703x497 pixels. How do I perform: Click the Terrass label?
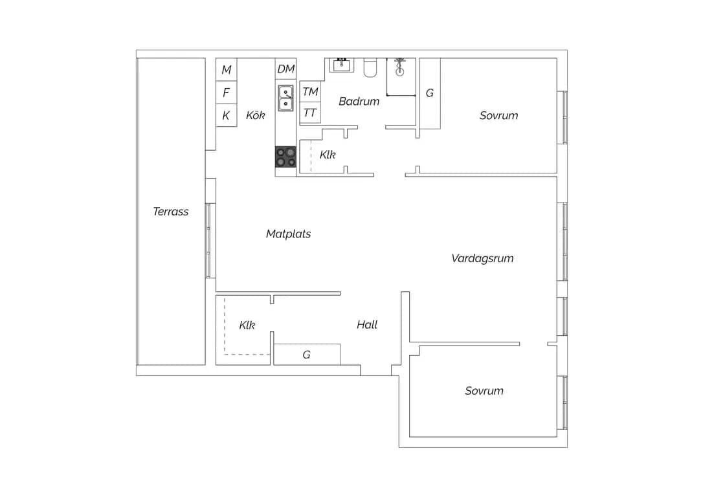171,212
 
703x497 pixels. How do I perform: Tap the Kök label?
256,115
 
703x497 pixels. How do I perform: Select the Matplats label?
288,234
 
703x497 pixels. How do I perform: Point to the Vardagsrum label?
482,258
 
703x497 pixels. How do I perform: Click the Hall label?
367,324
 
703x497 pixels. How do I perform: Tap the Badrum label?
359,102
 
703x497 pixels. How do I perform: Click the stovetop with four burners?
285,157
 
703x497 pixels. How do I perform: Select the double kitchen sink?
286,98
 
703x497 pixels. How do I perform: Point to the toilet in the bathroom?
370,68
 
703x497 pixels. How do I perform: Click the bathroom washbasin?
342,65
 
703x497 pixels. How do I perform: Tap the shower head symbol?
399,67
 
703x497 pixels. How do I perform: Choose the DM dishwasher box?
285,69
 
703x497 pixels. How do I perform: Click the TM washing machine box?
310,91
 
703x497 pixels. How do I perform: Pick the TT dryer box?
310,113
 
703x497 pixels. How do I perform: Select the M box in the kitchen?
227,69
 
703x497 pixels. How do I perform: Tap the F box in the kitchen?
227,93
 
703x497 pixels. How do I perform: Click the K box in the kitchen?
227,116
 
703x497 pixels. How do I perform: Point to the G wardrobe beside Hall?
307,355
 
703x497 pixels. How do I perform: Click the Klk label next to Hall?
247,325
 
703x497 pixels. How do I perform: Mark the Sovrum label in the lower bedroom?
484,391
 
